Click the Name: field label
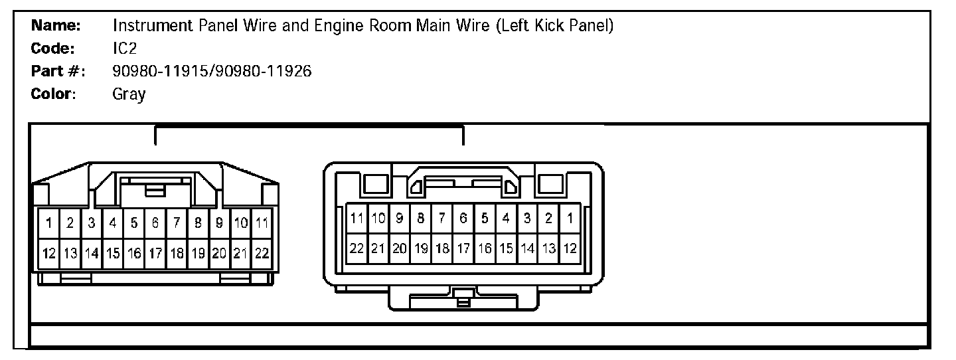(x=56, y=26)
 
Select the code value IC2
(x=125, y=48)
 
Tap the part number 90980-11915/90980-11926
(x=212, y=71)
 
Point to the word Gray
(x=129, y=94)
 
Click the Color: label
(x=54, y=94)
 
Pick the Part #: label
(x=58, y=71)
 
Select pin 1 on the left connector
(x=49, y=223)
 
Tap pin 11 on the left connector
(x=262, y=223)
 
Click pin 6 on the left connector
(x=155, y=223)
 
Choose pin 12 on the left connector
(x=49, y=253)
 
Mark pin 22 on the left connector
(x=262, y=253)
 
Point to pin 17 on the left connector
(x=155, y=253)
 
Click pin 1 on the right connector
(x=570, y=217)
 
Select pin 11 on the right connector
(x=357, y=217)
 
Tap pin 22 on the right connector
(x=357, y=248)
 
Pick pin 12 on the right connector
(x=570, y=248)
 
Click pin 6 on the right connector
(x=463, y=217)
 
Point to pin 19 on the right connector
(x=421, y=248)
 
